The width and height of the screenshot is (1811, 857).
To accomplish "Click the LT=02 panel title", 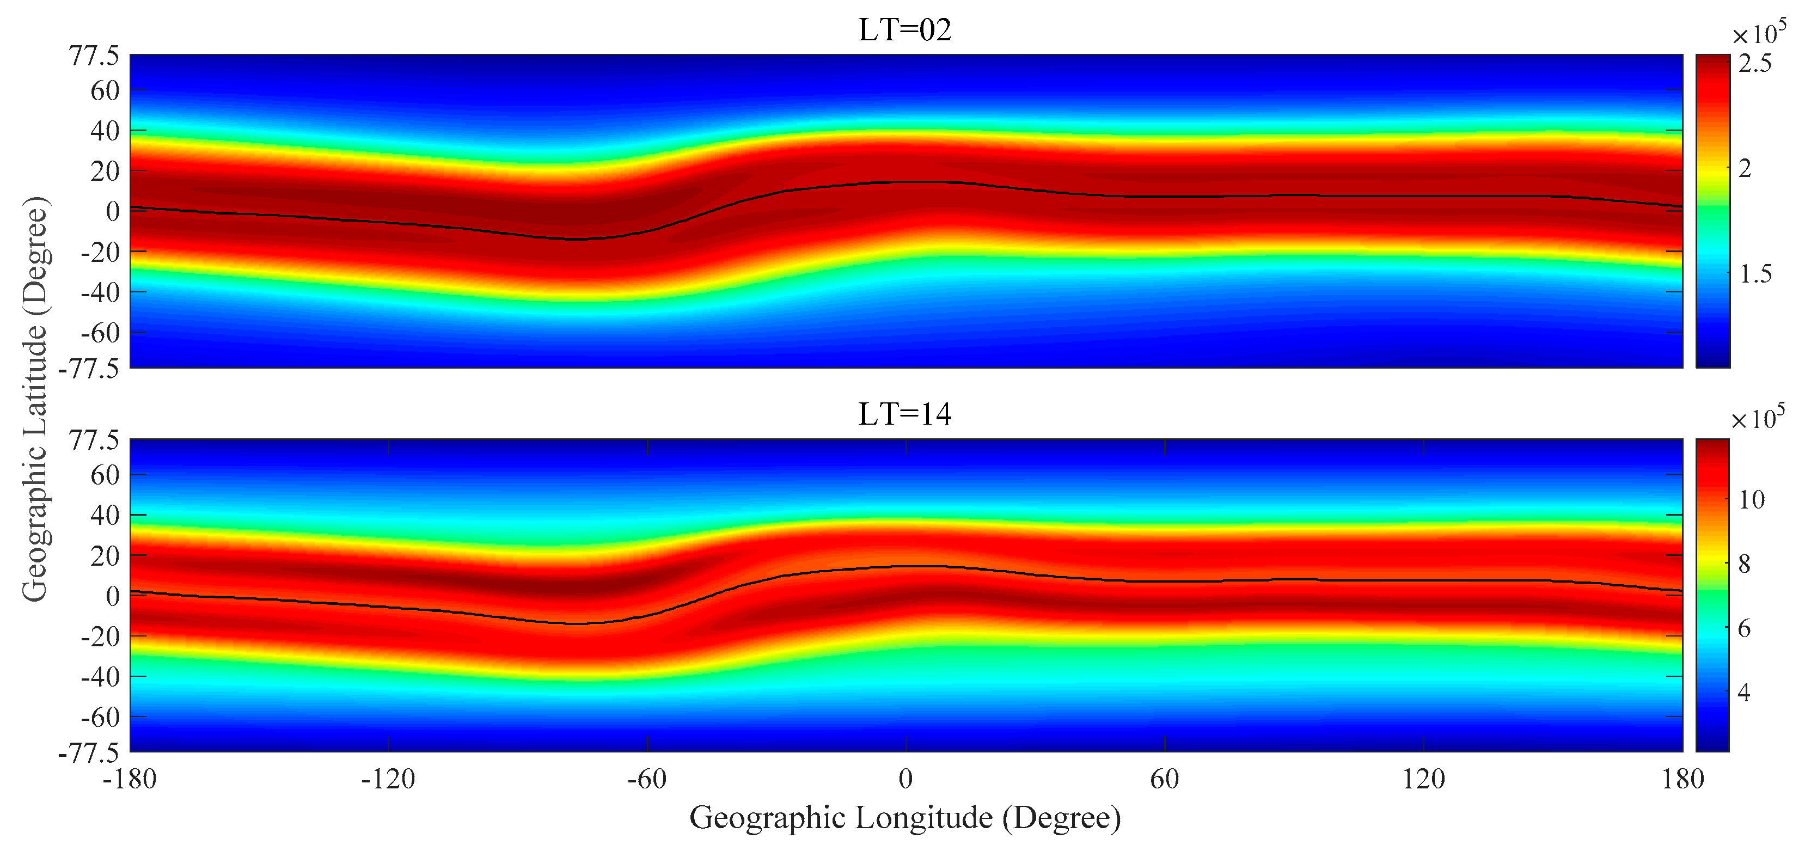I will (905, 30).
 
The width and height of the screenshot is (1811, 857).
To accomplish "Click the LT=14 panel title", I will (905, 414).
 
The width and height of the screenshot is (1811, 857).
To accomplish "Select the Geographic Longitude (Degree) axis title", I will (905, 818).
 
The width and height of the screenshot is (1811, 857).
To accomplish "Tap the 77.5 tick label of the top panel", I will (94, 56).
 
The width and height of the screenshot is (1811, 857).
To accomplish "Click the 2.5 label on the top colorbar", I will (1755, 63).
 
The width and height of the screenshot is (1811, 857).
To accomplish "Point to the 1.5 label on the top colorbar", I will (1755, 273).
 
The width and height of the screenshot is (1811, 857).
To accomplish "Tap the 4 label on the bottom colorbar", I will (1744, 693).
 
